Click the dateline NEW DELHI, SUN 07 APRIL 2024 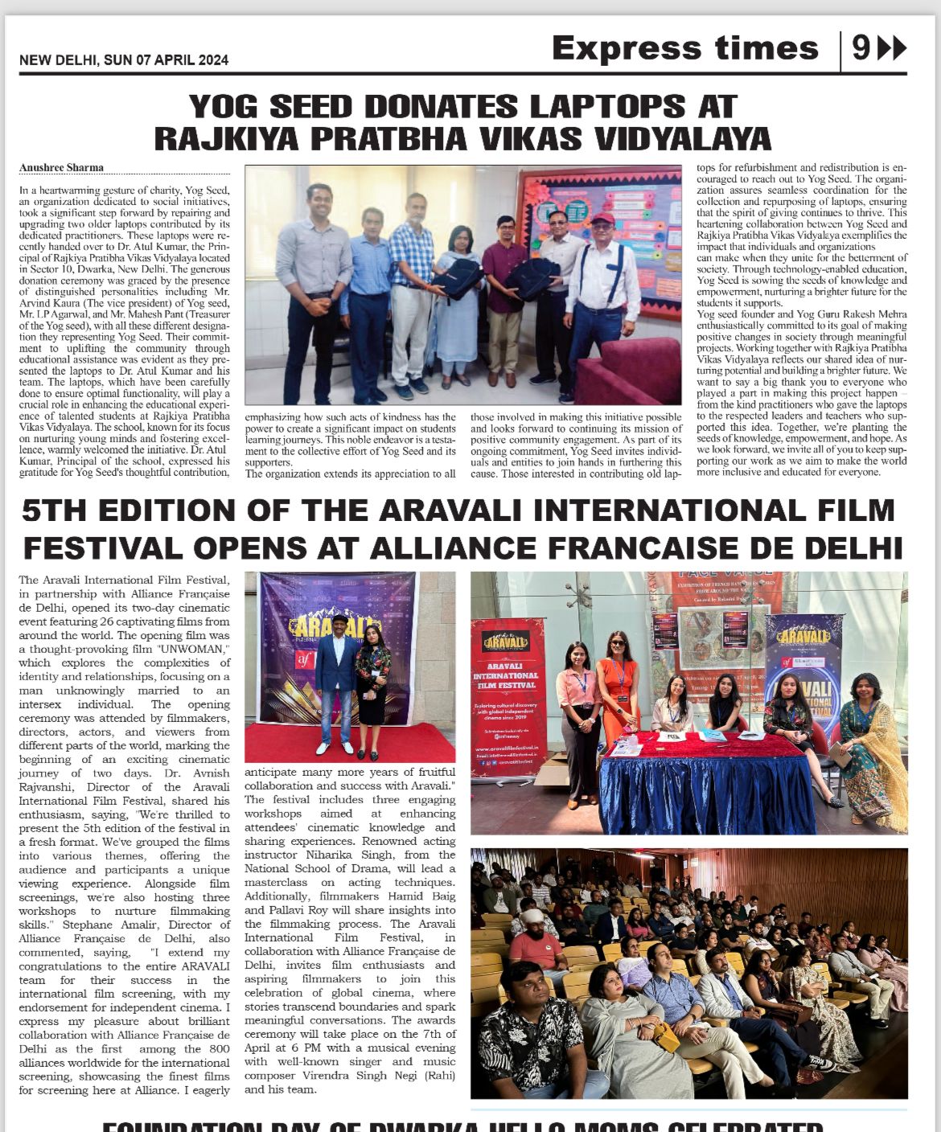click(124, 60)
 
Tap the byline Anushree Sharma click(61, 168)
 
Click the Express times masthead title click(684, 48)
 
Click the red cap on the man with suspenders click(602, 219)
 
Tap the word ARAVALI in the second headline click(472, 511)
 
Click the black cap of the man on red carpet click(340, 619)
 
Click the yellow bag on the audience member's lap click(665, 1037)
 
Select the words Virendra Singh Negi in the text click(376, 1075)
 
